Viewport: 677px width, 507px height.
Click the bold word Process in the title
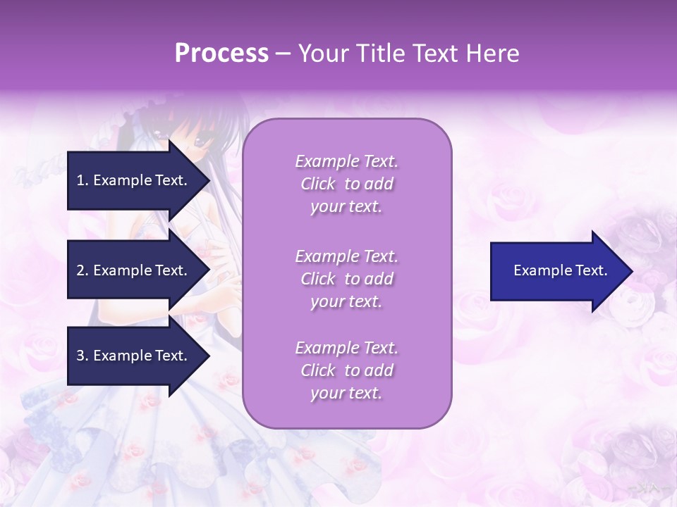tap(221, 54)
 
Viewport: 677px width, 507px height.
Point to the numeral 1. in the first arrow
tap(82, 180)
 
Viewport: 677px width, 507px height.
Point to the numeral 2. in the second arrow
tap(82, 270)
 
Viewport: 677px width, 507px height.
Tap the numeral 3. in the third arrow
tap(82, 356)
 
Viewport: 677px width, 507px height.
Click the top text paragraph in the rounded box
tap(346, 184)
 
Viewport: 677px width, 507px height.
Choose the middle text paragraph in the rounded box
tap(346, 279)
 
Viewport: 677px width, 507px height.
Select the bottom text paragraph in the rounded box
tap(346, 370)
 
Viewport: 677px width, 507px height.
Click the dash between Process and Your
tap(283, 54)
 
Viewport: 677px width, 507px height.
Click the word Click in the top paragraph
tap(318, 184)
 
